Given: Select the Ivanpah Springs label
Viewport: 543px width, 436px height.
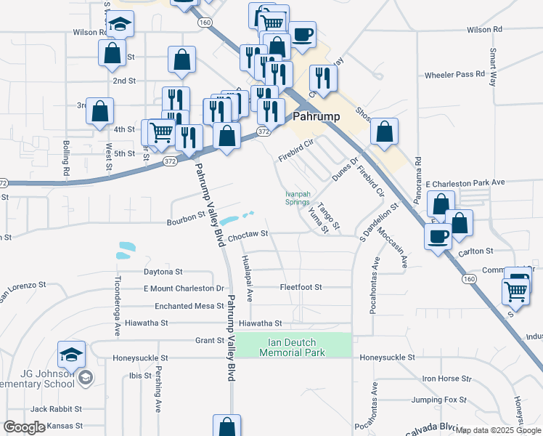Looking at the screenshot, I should pyautogui.click(x=297, y=198).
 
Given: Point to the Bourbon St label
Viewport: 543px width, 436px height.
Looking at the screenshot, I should pyautogui.click(x=186, y=217).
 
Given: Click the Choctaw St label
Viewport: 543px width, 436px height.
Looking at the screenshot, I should pyautogui.click(x=248, y=235).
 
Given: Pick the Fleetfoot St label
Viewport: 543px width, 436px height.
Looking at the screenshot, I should pyautogui.click(x=301, y=288).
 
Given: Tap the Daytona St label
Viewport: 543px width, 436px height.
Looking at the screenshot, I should pyautogui.click(x=163, y=272).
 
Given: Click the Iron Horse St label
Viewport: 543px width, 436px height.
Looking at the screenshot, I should pyautogui.click(x=447, y=379).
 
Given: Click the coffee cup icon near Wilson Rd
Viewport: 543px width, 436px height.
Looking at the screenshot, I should pyautogui.click(x=302, y=33).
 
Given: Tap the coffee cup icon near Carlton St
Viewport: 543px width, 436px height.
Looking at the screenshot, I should pyautogui.click(x=438, y=235).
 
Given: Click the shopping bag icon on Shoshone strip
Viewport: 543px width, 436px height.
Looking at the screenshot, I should pyautogui.click(x=384, y=131).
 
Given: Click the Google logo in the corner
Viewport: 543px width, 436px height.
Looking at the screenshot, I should pyautogui.click(x=24, y=427).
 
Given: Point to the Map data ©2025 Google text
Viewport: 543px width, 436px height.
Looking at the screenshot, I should pyautogui.click(x=499, y=430).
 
